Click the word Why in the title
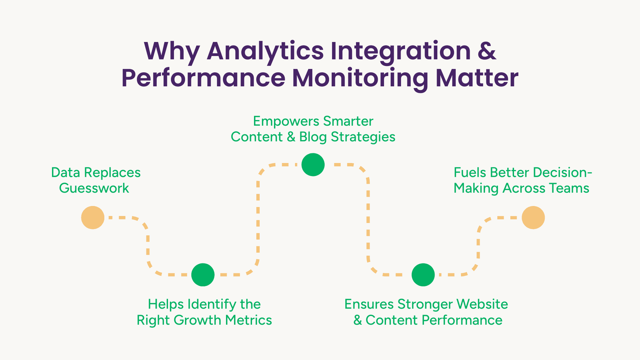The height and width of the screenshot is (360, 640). point(172,52)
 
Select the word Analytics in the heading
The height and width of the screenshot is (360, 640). point(265,52)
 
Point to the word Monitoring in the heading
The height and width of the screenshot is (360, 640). point(360,79)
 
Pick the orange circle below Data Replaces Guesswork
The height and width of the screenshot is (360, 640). point(93,218)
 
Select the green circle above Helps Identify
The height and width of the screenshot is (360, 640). point(203,274)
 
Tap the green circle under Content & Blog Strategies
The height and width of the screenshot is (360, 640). point(313,164)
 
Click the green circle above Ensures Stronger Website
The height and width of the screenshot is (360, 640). point(423,274)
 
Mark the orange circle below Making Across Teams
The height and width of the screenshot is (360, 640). point(533,218)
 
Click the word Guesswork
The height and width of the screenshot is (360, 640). point(94,188)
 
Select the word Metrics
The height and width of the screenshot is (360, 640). point(248,320)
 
